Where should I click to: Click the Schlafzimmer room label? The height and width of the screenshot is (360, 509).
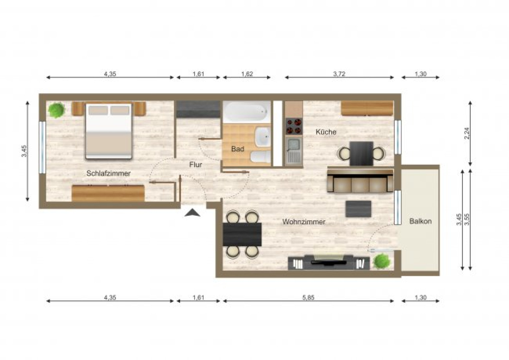[108, 173]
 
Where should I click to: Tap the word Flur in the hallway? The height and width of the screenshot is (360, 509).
[195, 165]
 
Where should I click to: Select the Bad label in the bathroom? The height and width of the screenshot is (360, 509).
[237, 149]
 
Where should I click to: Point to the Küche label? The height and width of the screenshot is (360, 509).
[326, 132]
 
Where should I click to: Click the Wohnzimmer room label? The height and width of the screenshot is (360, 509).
[304, 222]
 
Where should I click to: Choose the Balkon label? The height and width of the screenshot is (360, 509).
[420, 221]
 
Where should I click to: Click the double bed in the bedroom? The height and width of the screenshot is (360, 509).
[109, 131]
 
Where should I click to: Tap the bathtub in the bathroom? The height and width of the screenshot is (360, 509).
[246, 112]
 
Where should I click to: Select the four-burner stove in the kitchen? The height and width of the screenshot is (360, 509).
[294, 126]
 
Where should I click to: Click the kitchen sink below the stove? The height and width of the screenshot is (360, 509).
[294, 150]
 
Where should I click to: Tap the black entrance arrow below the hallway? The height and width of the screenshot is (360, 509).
[192, 213]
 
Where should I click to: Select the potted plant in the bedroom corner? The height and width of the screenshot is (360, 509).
[56, 110]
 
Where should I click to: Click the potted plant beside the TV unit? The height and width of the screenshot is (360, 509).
[381, 261]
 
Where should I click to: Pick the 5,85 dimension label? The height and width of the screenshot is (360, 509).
[308, 298]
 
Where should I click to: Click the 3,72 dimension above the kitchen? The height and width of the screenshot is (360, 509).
[339, 74]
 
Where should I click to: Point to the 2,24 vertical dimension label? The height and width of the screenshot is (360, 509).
[467, 133]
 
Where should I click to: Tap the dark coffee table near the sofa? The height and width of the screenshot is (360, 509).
[358, 209]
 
